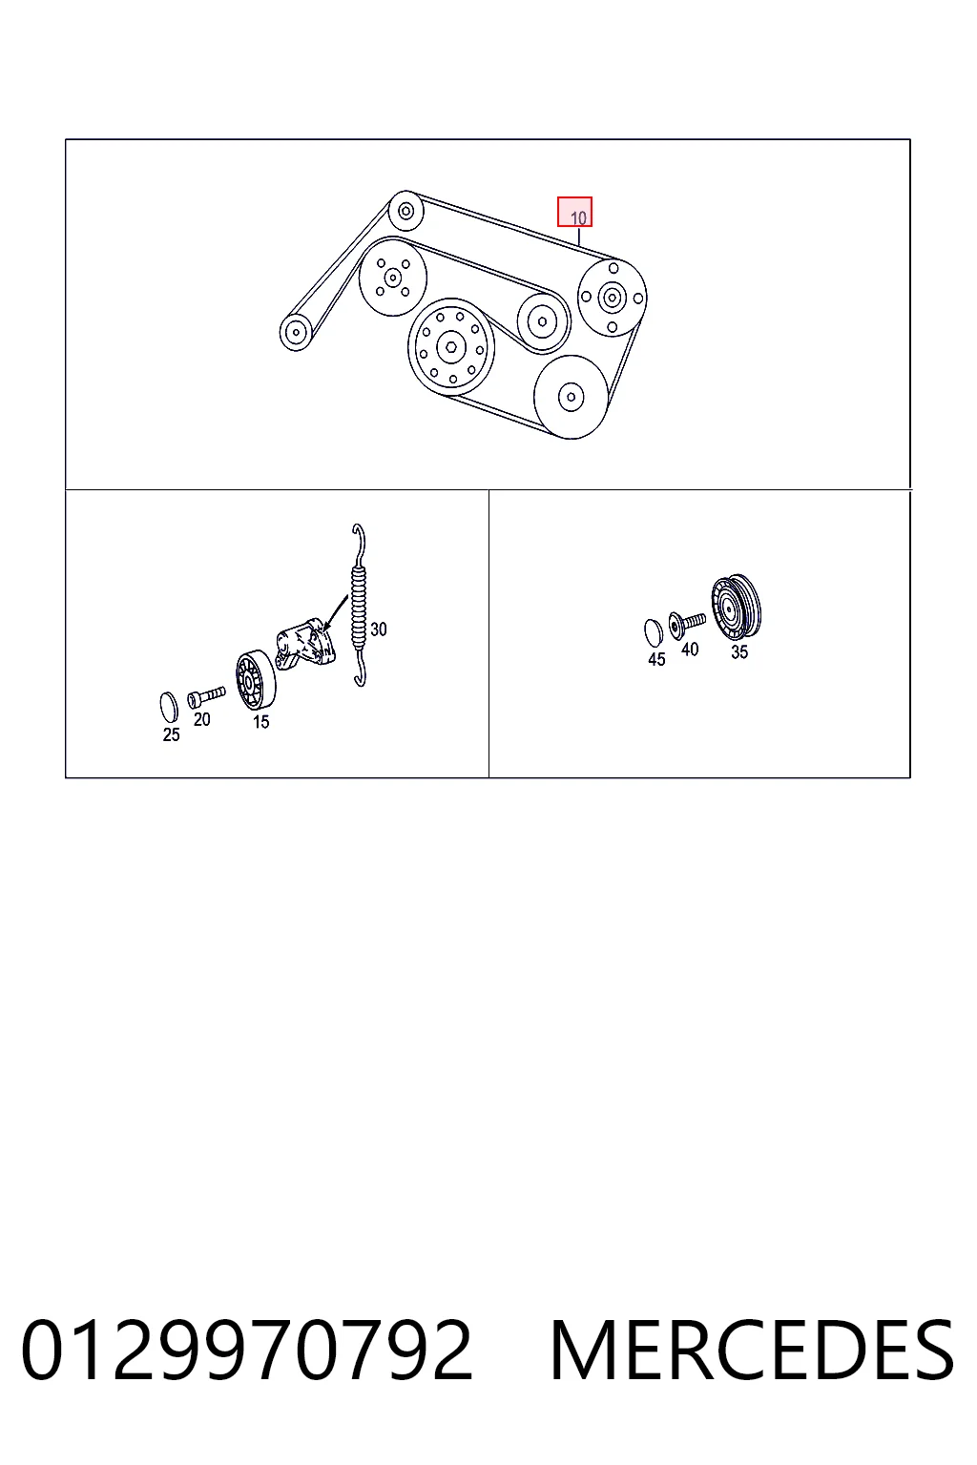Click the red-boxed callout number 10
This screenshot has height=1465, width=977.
pos(574,212)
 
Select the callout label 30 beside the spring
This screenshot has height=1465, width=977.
pos(378,629)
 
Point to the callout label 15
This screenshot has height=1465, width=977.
pos(260,722)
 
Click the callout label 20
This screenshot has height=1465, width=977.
pos(201,719)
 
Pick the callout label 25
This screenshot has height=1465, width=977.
pos(171,735)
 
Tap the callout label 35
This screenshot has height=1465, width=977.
pos(738,652)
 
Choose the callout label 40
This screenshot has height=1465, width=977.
pos(690,650)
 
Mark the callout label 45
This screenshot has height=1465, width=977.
pos(656,659)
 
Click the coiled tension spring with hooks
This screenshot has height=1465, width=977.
pos(358,605)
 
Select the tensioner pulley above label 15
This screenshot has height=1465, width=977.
pos(256,680)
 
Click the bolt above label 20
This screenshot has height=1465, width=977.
pos(206,697)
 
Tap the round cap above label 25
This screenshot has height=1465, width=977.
pos(169,705)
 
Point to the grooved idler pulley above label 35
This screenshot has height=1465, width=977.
pos(737,607)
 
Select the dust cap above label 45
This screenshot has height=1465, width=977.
pos(653,631)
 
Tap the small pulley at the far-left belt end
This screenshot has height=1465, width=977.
pos(296,332)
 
